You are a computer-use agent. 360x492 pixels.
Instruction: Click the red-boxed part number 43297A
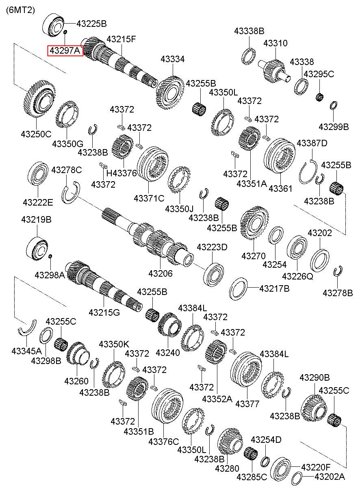pyautogui.click(x=65, y=51)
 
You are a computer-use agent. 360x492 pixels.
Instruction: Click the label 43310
pyautogui.click(x=275, y=43)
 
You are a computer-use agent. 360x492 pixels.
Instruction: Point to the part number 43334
pyautogui.click(x=172, y=59)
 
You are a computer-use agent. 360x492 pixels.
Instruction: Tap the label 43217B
pyautogui.click(x=274, y=288)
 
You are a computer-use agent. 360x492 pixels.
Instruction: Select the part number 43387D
pyautogui.click(x=312, y=143)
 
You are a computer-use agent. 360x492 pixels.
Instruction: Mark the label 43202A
pyautogui.click(x=330, y=477)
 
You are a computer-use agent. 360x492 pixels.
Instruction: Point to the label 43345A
pyautogui.click(x=26, y=351)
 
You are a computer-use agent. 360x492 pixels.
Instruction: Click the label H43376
pyautogui.click(x=121, y=173)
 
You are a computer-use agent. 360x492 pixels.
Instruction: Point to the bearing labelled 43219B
pyautogui.click(x=37, y=247)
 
